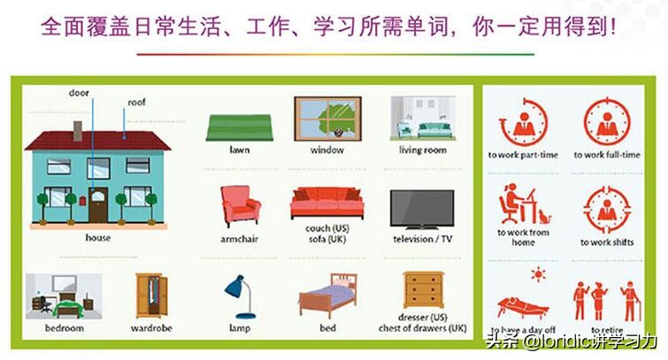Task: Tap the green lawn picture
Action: [239, 127]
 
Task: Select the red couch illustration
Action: [327, 203]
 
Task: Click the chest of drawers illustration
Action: [423, 291]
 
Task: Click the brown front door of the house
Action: [96, 205]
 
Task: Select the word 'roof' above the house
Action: [136, 103]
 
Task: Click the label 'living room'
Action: [422, 150]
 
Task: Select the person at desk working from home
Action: [519, 205]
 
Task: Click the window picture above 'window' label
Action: [326, 119]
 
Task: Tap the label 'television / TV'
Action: [422, 239]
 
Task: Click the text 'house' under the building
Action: [97, 238]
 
